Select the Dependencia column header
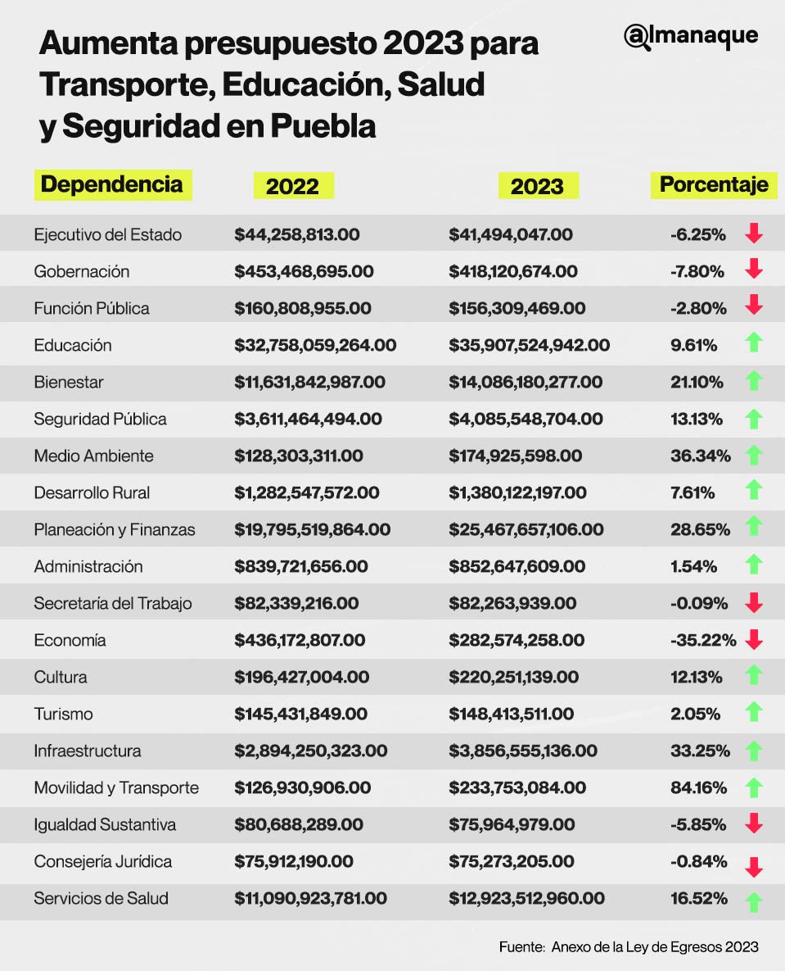(x=111, y=184)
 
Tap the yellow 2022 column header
(x=292, y=186)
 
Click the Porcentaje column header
(x=713, y=184)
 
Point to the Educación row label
(x=72, y=345)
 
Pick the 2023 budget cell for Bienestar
(x=525, y=382)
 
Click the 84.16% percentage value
(x=698, y=787)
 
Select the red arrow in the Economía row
(x=754, y=640)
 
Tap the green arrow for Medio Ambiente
(x=754, y=455)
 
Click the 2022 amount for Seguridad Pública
(x=308, y=419)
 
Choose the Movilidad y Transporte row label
(x=116, y=787)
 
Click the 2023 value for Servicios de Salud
(x=526, y=898)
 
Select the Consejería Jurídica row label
(x=102, y=861)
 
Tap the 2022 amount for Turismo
(x=300, y=714)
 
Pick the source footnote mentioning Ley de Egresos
(x=629, y=946)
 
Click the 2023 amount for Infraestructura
(x=523, y=751)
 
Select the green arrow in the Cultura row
(x=754, y=676)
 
